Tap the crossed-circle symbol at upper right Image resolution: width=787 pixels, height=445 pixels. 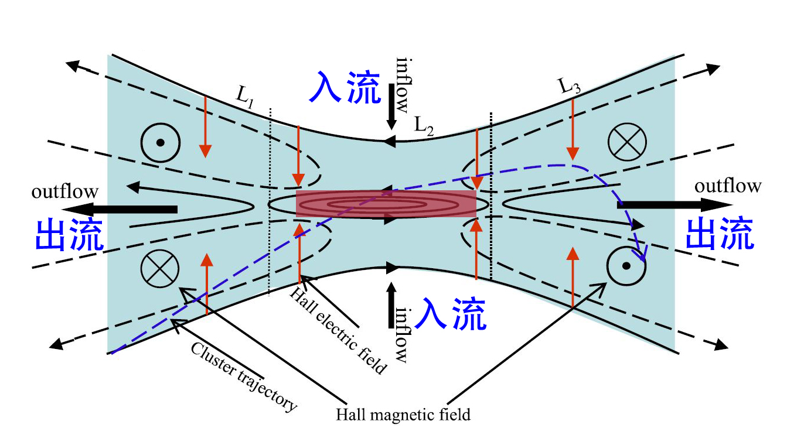pyautogui.click(x=626, y=142)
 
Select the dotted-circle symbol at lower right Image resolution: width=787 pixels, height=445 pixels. pyautogui.click(x=626, y=266)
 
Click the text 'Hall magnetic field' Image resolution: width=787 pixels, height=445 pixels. pyautogui.click(x=403, y=415)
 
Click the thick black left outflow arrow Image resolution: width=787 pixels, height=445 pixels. pyautogui.click(x=121, y=210)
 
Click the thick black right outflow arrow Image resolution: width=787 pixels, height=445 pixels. pyautogui.click(x=674, y=204)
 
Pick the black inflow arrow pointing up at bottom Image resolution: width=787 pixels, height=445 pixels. pyautogui.click(x=391, y=305)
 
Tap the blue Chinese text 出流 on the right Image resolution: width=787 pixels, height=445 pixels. pyautogui.click(x=720, y=234)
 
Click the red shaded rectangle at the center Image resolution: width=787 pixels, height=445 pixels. pyautogui.click(x=385, y=204)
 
